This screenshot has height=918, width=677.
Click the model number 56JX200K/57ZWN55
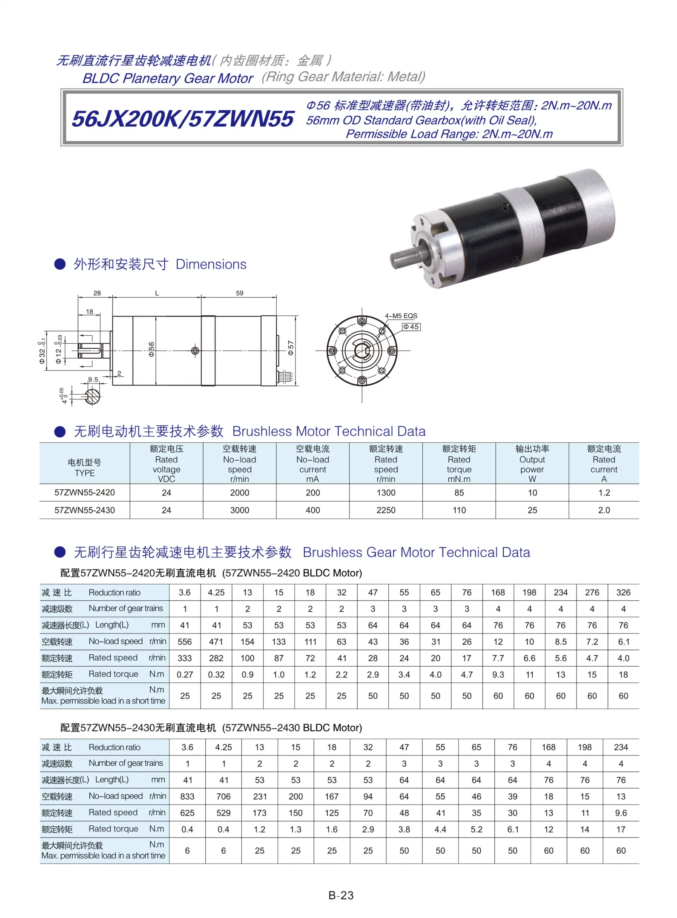click(x=183, y=119)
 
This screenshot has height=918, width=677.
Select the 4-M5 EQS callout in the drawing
click(x=401, y=316)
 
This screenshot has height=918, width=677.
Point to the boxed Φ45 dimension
click(x=411, y=327)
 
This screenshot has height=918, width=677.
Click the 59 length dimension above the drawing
click(x=240, y=293)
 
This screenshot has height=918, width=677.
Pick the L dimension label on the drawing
click(x=157, y=293)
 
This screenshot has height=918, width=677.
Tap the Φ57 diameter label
click(x=291, y=348)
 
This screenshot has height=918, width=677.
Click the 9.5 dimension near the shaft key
click(x=93, y=379)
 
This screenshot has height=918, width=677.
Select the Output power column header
click(x=532, y=464)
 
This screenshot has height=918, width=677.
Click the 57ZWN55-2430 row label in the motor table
click(x=84, y=510)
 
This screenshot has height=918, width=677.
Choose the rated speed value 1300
click(x=386, y=493)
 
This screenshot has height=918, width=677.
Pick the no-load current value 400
click(x=313, y=510)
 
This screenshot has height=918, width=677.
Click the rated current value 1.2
click(x=604, y=493)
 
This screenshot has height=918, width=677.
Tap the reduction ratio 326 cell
click(x=623, y=592)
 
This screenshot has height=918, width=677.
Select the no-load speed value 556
click(x=184, y=641)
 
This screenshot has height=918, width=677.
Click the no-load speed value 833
click(x=187, y=796)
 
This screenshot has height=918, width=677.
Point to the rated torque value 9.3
click(x=498, y=674)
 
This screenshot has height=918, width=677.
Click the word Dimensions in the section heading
click(x=211, y=264)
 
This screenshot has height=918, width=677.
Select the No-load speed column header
click(x=239, y=464)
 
